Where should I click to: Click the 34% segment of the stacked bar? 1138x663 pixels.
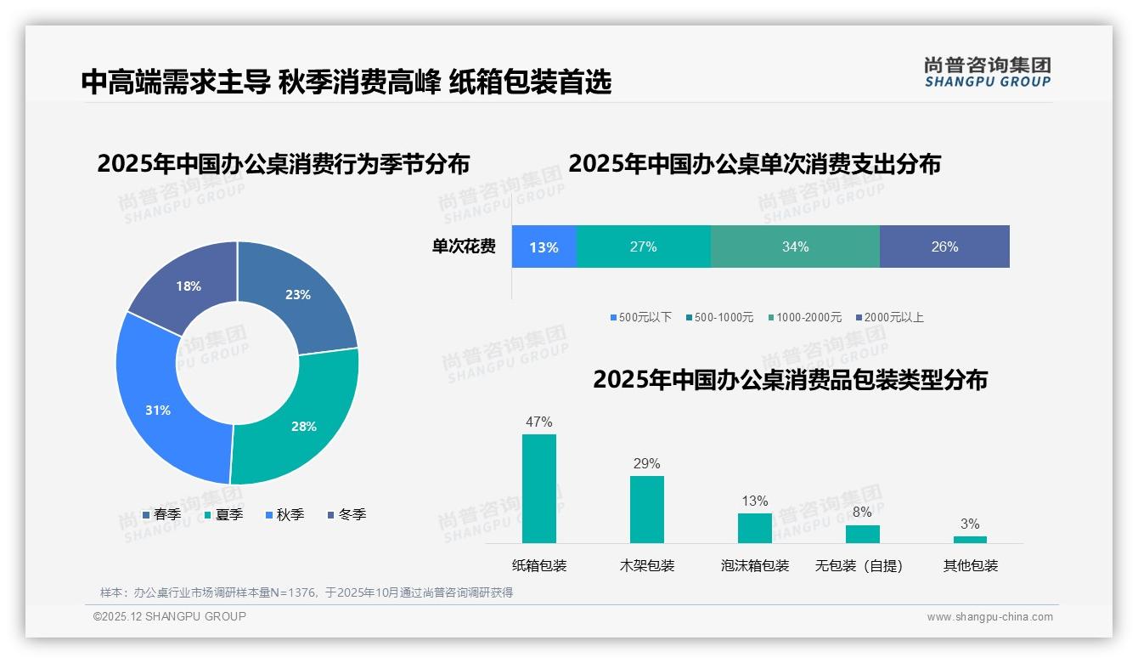click(x=795, y=246)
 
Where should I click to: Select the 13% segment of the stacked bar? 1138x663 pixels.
click(x=544, y=246)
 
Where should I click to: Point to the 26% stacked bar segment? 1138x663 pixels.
click(x=944, y=246)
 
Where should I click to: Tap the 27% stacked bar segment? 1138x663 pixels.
click(x=643, y=246)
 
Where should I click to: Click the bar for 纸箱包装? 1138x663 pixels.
click(x=539, y=489)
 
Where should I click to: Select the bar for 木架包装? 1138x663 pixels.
click(x=647, y=509)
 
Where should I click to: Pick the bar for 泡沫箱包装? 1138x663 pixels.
click(x=754, y=528)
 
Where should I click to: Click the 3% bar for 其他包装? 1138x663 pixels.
click(x=970, y=539)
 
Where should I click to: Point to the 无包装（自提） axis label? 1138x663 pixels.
click(x=859, y=565)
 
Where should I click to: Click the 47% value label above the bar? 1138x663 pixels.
click(x=538, y=422)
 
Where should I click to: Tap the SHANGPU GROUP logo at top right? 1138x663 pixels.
click(x=987, y=72)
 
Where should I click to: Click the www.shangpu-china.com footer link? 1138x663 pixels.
click(x=989, y=616)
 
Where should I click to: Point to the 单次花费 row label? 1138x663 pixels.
click(x=464, y=246)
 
